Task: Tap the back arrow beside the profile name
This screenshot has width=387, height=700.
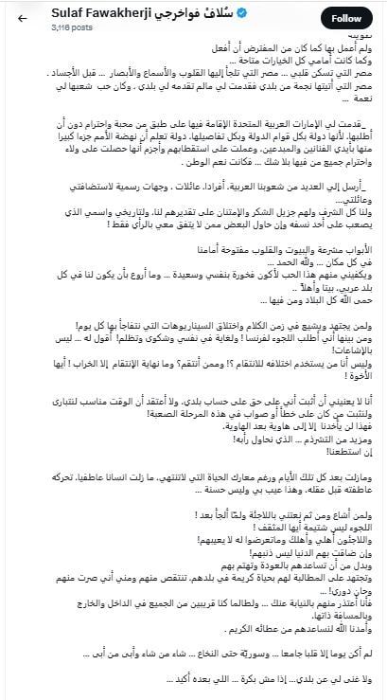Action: [18, 19]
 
